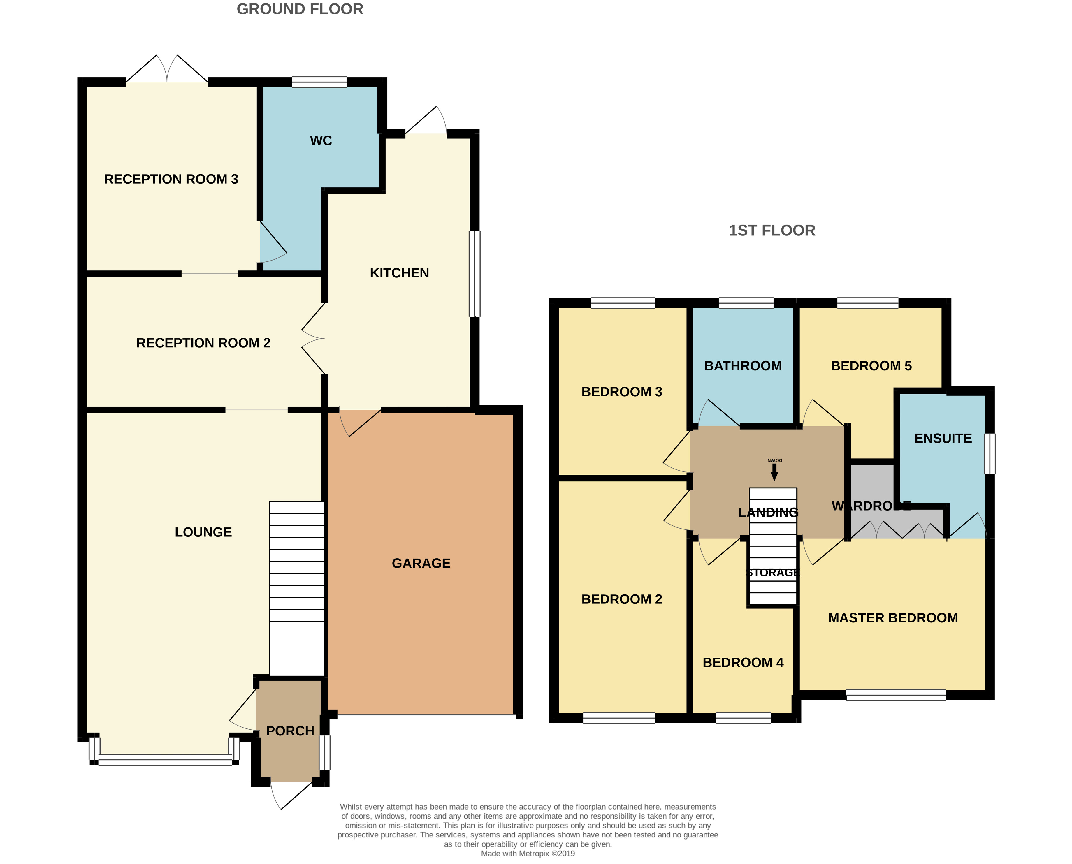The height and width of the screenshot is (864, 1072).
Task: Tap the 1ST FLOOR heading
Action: point(772,230)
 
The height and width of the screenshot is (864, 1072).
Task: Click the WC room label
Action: point(321,141)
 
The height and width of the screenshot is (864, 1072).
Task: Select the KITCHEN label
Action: point(399,273)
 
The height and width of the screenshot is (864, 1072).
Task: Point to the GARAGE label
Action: point(421,563)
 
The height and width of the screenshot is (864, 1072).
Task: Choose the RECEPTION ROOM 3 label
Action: point(171,179)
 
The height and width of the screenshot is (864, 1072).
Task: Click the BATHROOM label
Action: point(743,366)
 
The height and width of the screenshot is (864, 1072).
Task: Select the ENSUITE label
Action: point(943,439)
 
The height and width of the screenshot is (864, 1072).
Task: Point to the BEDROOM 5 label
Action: point(871,366)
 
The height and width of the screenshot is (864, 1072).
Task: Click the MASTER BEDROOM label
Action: point(893,618)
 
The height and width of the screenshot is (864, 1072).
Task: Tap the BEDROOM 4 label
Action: point(743,662)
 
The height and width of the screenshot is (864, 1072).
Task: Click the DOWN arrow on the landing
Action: point(774,472)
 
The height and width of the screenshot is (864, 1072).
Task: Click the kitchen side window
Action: point(475,273)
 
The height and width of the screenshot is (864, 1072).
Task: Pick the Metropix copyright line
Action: point(528,854)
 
